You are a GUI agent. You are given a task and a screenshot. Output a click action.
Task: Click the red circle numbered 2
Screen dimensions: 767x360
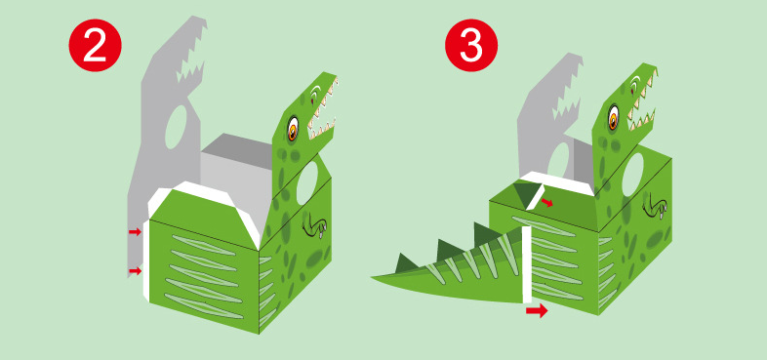point(95,46)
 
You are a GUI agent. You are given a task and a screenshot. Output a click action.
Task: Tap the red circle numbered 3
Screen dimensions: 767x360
point(471,46)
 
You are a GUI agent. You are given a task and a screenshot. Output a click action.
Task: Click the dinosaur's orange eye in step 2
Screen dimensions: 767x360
point(293,128)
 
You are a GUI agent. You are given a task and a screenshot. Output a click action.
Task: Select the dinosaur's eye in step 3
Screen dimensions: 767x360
point(614,117)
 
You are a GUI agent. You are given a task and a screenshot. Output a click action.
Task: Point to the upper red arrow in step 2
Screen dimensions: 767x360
point(135,232)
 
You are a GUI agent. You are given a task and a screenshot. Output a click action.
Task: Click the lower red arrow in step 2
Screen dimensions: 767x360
point(135,270)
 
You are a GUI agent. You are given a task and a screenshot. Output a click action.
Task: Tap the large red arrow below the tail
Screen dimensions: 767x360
point(537,310)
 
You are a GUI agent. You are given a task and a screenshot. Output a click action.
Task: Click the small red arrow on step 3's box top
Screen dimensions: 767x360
point(546,203)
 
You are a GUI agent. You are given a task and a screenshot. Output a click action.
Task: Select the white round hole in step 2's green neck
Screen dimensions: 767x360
point(307,182)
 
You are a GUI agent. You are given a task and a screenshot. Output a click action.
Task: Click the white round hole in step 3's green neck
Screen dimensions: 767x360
point(632,175)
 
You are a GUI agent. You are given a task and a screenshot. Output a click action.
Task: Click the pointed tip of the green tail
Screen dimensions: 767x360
point(373,277)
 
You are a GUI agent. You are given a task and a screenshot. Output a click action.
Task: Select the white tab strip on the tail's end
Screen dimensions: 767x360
point(526,264)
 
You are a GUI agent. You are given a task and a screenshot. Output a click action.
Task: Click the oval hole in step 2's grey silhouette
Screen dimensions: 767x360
point(176,127)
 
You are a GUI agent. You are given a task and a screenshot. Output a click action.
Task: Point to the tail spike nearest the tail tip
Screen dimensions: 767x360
point(408,261)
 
